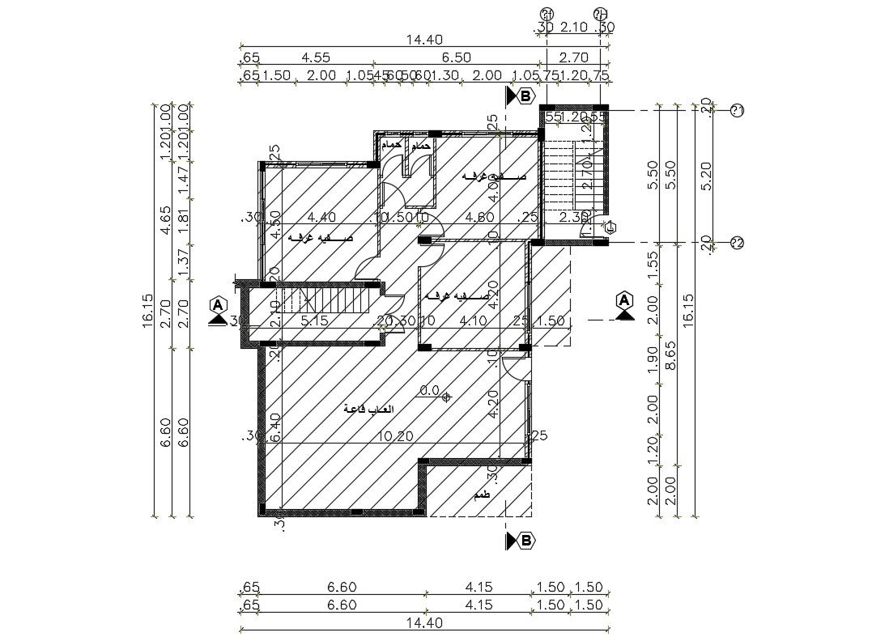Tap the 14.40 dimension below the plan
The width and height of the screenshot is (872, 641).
425,623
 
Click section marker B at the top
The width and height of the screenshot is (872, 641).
525,96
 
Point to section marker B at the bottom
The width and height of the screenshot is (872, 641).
525,541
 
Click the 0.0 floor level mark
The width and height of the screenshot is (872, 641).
429,391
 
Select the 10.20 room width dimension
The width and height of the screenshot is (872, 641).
396,435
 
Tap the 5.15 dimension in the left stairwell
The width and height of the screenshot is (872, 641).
314,320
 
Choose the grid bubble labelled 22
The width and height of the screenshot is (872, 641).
737,242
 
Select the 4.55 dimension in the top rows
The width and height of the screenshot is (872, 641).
315,57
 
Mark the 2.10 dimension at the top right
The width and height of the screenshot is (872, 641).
573,28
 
